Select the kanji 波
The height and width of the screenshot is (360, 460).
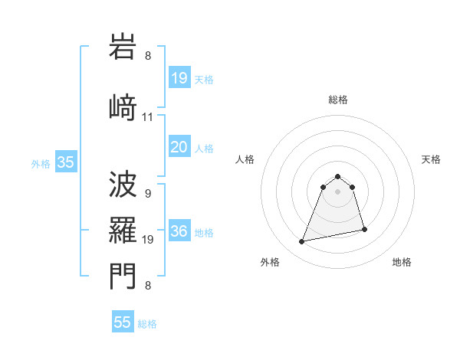click(123, 185)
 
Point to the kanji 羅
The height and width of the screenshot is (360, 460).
click(123, 231)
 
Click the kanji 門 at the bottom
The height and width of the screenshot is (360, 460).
click(123, 277)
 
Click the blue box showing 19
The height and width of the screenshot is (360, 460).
click(179, 78)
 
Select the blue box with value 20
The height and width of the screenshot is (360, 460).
click(179, 148)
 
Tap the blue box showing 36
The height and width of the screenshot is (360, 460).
click(179, 232)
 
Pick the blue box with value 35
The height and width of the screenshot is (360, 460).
click(65, 162)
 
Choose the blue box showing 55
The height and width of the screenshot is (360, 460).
click(123, 322)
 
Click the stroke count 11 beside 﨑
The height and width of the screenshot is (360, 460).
click(148, 117)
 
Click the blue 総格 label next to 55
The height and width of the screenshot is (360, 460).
click(147, 324)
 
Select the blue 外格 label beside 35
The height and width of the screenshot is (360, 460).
click(41, 163)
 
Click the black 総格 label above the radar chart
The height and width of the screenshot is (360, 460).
click(337, 100)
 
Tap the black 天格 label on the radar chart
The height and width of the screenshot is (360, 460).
click(431, 159)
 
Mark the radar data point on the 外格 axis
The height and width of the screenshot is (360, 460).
click(302, 242)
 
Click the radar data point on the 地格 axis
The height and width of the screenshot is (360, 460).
click(364, 230)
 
